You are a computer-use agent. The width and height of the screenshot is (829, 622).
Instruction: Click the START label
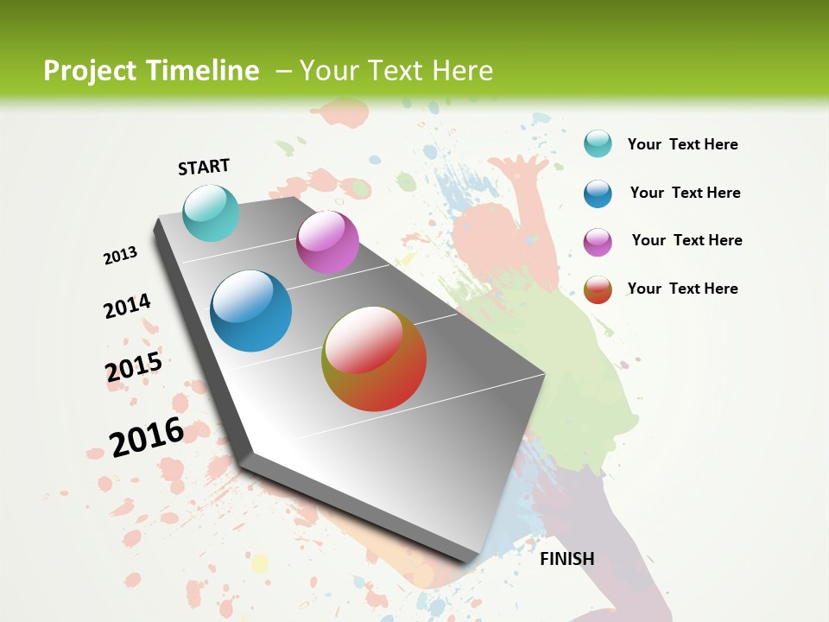[204, 167]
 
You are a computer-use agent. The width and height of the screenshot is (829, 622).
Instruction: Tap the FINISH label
[566, 559]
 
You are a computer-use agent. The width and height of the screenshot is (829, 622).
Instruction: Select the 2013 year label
[120, 256]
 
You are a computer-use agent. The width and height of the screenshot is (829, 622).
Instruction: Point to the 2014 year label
[127, 306]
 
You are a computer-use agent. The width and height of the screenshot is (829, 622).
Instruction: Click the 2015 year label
[134, 367]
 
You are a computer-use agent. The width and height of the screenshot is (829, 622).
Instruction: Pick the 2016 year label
[147, 436]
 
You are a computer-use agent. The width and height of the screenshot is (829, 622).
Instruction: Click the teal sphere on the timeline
[211, 213]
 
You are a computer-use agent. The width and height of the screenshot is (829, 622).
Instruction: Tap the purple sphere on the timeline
[327, 242]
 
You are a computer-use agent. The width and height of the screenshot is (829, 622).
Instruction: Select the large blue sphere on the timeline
[250, 311]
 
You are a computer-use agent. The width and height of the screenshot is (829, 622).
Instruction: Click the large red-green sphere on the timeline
[374, 359]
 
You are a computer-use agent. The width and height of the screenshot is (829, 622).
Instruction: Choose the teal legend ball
[598, 143]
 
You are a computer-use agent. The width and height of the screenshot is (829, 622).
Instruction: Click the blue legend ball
[598, 194]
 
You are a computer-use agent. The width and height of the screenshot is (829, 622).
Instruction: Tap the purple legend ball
[598, 242]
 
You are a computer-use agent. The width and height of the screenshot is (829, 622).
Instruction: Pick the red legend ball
[598, 289]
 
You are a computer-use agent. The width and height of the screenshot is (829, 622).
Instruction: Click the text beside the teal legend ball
[682, 144]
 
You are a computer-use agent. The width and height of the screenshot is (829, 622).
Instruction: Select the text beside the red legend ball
[682, 289]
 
